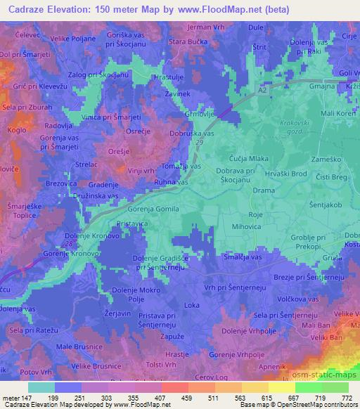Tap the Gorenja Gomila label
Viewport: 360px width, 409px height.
pyautogui.click(x=153, y=209)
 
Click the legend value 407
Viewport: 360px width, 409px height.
pyautogui.click(x=161, y=399)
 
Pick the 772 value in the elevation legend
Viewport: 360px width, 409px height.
pyautogui.click(x=345, y=399)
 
